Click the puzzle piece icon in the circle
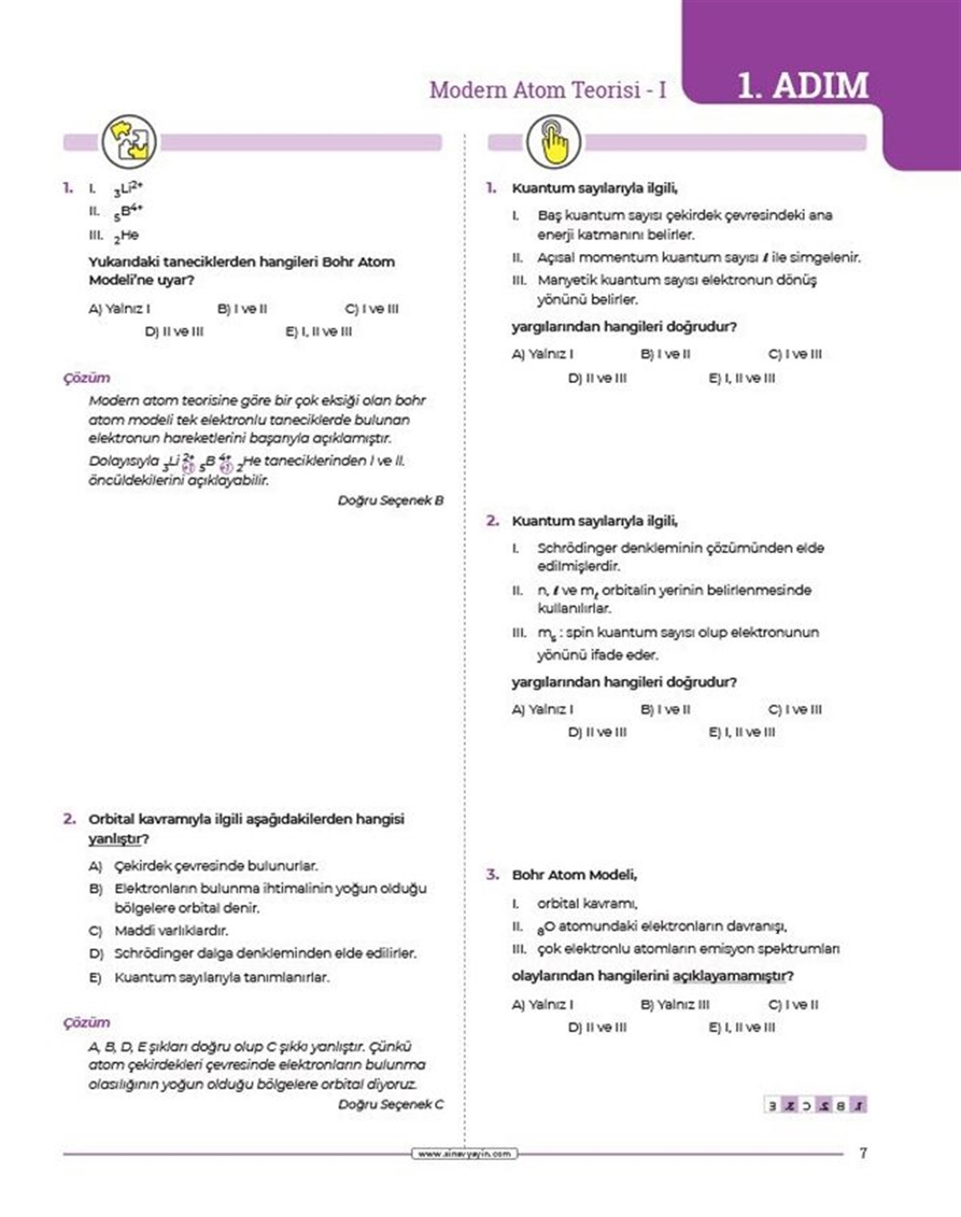129,142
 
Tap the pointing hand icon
553,142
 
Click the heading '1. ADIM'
802,86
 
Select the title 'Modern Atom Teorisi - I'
548,90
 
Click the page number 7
862,1153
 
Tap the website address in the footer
464,1154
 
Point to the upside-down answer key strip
815,1105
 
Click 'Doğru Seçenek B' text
390,500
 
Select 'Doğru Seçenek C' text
390,1104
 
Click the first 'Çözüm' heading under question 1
86,377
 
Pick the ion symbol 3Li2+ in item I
127,189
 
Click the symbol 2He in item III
126,236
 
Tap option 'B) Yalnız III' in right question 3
674,1005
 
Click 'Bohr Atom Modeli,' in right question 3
574,875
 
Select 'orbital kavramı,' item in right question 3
587,903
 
